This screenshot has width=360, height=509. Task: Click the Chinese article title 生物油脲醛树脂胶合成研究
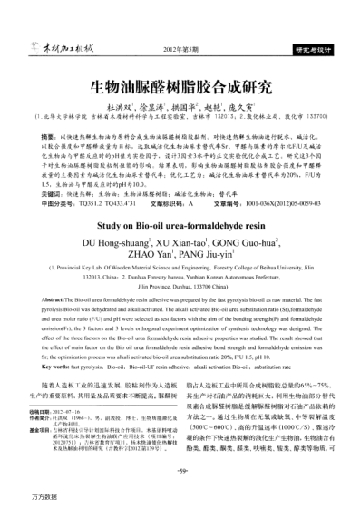180,89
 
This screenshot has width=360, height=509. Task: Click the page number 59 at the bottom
180,473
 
